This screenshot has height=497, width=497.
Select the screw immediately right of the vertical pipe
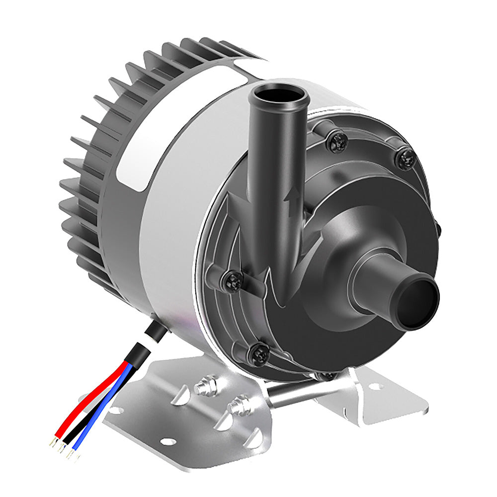pos(338,141)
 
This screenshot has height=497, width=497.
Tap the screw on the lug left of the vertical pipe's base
pos(232,280)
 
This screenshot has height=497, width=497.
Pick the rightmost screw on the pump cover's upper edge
pos(406,159)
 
